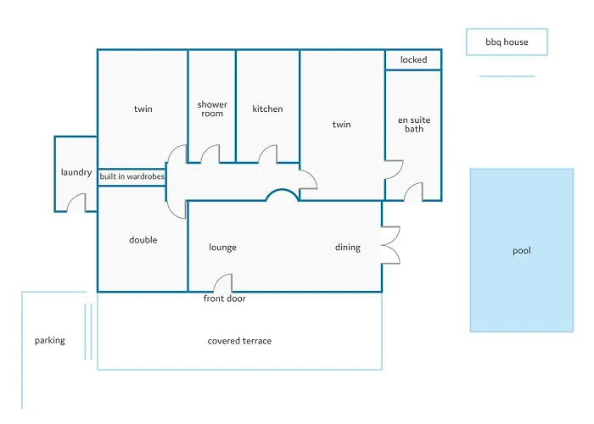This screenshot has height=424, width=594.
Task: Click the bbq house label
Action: pyautogui.click(x=507, y=42)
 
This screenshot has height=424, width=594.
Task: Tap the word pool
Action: pyautogui.click(x=522, y=251)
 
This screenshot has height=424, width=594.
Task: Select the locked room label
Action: pyautogui.click(x=414, y=60)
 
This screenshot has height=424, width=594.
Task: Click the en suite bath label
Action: pyautogui.click(x=414, y=125)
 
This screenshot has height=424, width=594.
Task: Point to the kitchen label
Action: pyautogui.click(x=267, y=109)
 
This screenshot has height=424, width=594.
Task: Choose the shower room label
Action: pyautogui.click(x=212, y=109)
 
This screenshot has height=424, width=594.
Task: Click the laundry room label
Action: pyautogui.click(x=76, y=172)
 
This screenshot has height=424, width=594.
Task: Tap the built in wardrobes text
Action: pyautogui.click(x=132, y=176)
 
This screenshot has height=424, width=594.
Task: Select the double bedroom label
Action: pyautogui.click(x=143, y=240)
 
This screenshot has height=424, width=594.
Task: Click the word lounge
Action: pyautogui.click(x=222, y=248)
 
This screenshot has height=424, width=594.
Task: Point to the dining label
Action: pyautogui.click(x=347, y=248)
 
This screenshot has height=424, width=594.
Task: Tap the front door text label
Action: pyautogui.click(x=224, y=298)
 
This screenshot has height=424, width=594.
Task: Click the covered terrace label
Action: pyautogui.click(x=239, y=341)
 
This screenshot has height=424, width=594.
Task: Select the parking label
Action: pyautogui.click(x=49, y=341)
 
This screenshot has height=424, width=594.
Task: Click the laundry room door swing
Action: pyautogui.click(x=76, y=203)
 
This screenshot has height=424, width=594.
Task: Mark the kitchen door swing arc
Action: pyautogui.click(x=268, y=154)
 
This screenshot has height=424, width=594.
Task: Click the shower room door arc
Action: pyautogui.click(x=210, y=154)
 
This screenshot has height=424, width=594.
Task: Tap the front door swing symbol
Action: pyautogui.click(x=222, y=282)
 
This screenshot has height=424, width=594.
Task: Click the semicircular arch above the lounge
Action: pyautogui.click(x=283, y=195)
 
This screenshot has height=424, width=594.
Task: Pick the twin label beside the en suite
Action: pyautogui.click(x=341, y=125)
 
